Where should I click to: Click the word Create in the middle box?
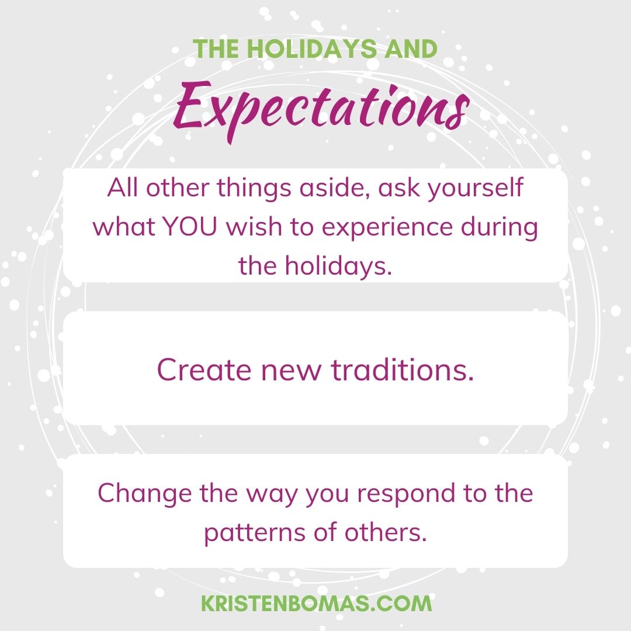point(196,370)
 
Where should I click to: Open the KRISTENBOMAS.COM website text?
point(316,604)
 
